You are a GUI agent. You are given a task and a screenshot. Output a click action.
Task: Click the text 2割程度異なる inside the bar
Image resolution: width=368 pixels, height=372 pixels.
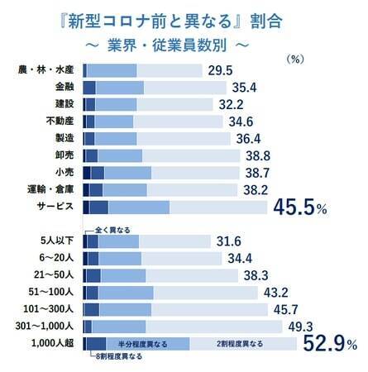240,343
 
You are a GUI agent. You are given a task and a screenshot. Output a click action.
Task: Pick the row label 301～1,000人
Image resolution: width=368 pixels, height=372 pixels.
51,326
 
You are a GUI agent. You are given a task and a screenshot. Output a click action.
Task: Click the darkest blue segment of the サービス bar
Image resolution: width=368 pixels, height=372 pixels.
86,207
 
